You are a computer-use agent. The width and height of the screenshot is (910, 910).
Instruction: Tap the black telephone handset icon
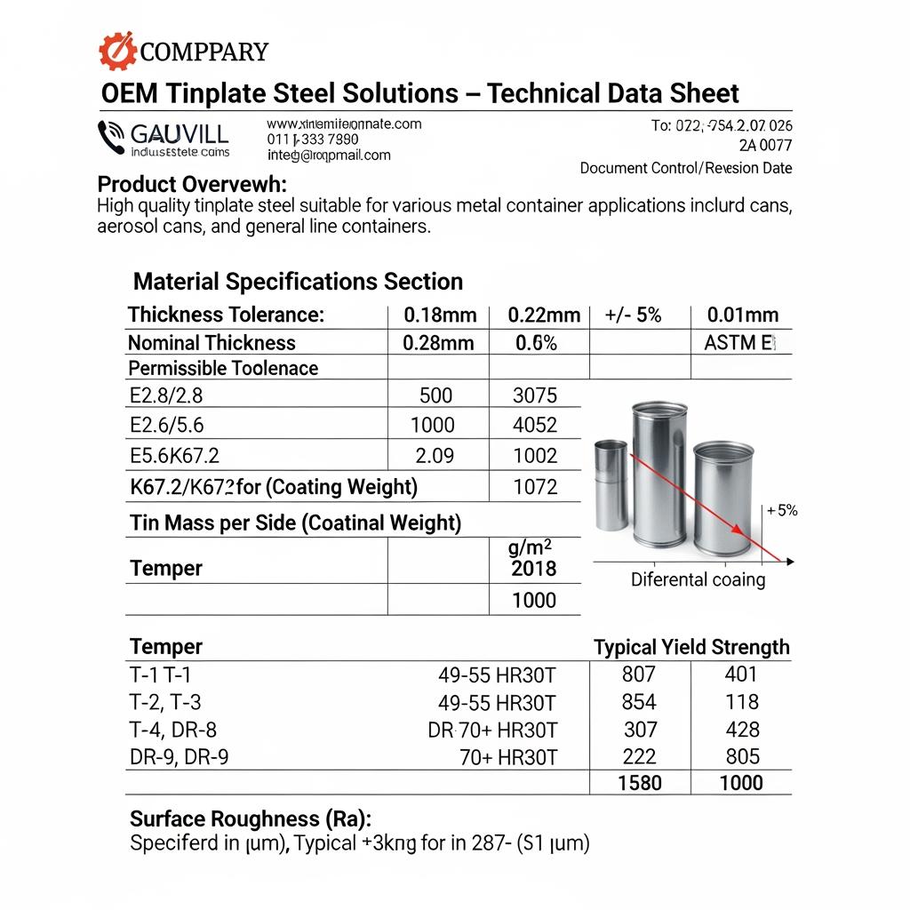(111, 136)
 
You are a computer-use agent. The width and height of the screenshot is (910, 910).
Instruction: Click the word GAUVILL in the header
(179, 134)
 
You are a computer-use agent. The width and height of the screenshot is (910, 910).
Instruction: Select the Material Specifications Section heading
(298, 282)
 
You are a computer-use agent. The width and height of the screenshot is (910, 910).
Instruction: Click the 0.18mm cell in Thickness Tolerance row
(440, 315)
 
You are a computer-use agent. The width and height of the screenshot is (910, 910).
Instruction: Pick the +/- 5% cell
(633, 315)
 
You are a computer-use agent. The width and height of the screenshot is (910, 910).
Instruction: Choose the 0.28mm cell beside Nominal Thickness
(438, 343)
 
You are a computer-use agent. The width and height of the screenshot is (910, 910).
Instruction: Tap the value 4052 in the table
(535, 426)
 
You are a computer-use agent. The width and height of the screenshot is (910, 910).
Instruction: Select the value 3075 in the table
(535, 395)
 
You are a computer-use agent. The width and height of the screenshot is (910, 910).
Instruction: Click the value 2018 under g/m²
(534, 569)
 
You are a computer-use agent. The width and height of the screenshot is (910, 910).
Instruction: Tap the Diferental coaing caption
(698, 580)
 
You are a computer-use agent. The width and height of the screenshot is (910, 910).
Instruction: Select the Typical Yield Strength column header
(691, 647)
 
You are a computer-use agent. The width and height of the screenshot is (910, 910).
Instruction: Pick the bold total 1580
(640, 782)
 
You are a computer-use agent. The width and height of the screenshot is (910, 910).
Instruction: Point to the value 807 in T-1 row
(640, 675)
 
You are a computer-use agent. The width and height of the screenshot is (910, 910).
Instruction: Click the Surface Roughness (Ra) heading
(251, 818)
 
